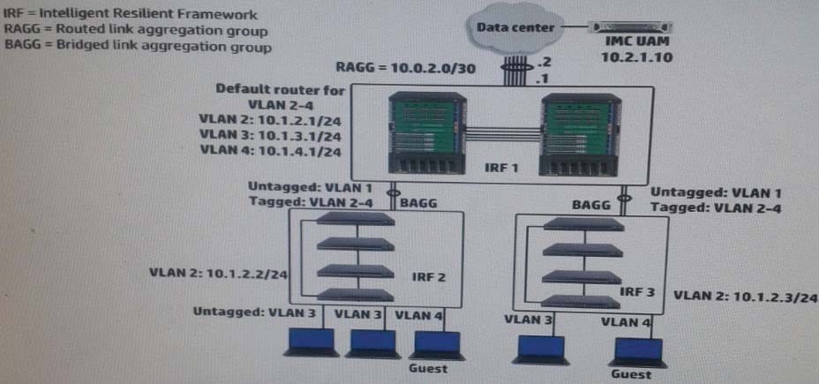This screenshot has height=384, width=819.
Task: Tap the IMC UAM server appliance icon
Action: pyautogui.click(x=630, y=26)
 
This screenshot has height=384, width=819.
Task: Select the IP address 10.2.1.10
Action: pyautogui.click(x=636, y=57)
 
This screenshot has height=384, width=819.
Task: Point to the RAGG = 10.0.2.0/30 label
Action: pyautogui.click(x=406, y=68)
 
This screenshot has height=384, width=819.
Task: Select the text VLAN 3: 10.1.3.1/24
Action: pyautogui.click(x=270, y=136)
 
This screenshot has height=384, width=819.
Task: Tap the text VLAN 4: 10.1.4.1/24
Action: pyautogui.click(x=270, y=152)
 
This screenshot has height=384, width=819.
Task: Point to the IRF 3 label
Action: pyautogui.click(x=636, y=291)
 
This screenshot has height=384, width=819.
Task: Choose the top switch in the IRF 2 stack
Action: pyautogui.click(x=355, y=218)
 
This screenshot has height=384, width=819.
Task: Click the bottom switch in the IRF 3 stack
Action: pyautogui.click(x=582, y=301)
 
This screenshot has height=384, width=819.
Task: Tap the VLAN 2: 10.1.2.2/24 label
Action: pyautogui.click(x=218, y=274)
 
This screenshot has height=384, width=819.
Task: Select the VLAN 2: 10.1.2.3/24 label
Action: pyautogui.click(x=745, y=297)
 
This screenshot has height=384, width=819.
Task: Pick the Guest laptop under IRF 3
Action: pyautogui.click(x=638, y=351)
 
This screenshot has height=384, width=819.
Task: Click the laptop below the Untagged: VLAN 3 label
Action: pyautogui.click(x=312, y=343)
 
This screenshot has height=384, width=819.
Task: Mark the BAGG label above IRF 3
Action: pyautogui.click(x=591, y=205)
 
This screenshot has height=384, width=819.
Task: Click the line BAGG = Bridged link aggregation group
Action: pyautogui.click(x=138, y=47)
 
